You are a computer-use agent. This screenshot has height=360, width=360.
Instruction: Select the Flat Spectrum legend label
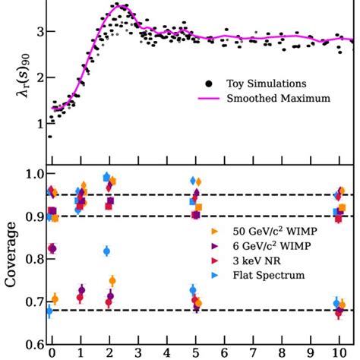(x=263, y=275)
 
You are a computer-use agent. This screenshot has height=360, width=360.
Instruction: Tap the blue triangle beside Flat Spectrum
(x=216, y=275)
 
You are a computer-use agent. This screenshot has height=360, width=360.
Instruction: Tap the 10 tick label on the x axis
(x=338, y=353)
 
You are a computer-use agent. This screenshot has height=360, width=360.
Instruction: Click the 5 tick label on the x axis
(x=194, y=353)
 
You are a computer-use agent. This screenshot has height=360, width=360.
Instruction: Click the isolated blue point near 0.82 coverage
(x=106, y=251)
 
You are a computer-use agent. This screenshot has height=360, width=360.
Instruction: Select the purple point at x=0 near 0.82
(x=52, y=248)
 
